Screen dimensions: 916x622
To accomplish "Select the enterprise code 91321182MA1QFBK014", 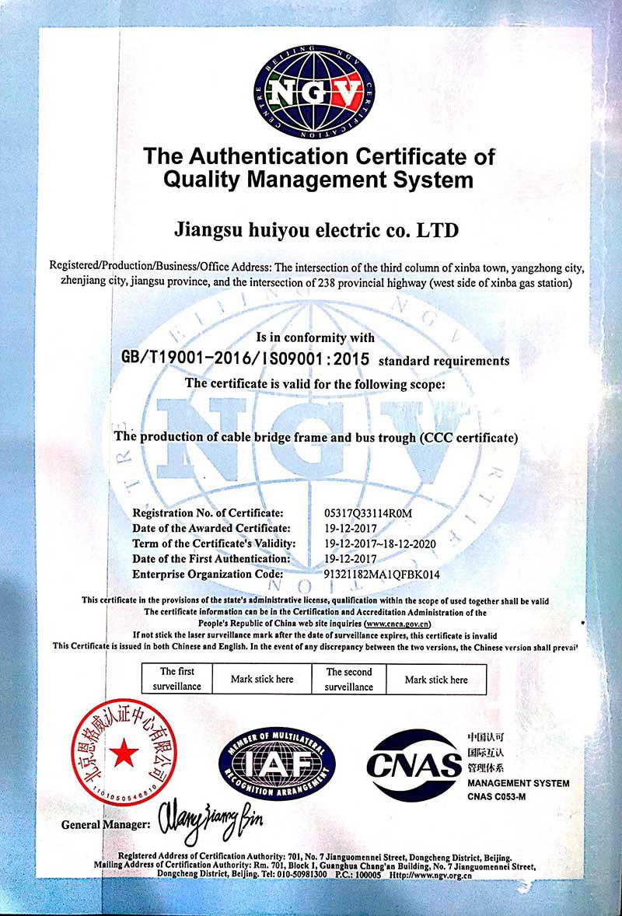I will click(382, 574).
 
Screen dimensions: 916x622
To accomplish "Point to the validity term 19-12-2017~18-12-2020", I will click(388, 544).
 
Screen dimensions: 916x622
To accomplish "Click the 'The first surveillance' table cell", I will click(177, 679).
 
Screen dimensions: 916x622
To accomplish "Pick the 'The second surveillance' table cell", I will click(348, 679).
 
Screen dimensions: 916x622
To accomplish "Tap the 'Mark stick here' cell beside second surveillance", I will click(436, 680).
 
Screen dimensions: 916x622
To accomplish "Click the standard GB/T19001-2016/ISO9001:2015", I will click(247, 358).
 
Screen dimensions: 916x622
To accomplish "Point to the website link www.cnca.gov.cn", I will click(397, 624).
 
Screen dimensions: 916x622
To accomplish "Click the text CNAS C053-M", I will click(498, 796).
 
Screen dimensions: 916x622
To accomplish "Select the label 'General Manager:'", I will click(106, 824).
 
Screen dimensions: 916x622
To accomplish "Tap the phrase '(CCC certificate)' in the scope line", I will click(468, 437).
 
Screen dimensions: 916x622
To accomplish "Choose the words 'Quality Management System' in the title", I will click(318, 180).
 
